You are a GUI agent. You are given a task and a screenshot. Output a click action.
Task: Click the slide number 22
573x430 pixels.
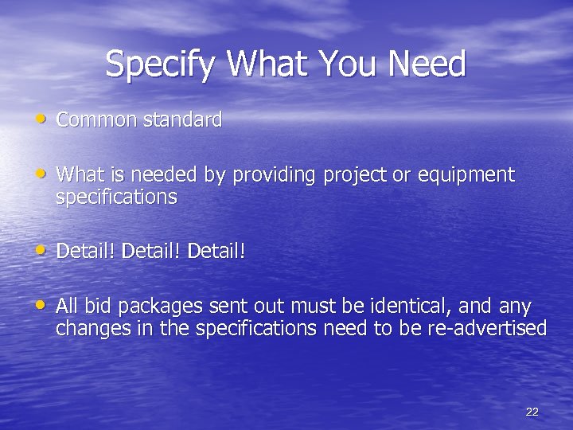coord(532,411)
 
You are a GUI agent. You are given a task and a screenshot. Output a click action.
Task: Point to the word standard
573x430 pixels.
coord(182,120)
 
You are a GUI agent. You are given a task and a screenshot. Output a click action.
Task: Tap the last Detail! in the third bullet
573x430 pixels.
coord(216,252)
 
